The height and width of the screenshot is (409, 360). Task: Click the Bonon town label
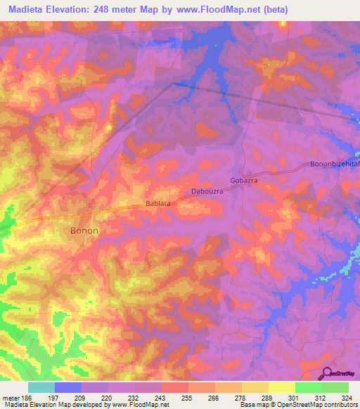[84, 230]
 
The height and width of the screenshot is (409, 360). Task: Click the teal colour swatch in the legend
[41, 387]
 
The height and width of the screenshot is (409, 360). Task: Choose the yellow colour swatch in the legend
[281, 387]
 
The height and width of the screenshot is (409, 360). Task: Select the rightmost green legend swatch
[335, 387]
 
